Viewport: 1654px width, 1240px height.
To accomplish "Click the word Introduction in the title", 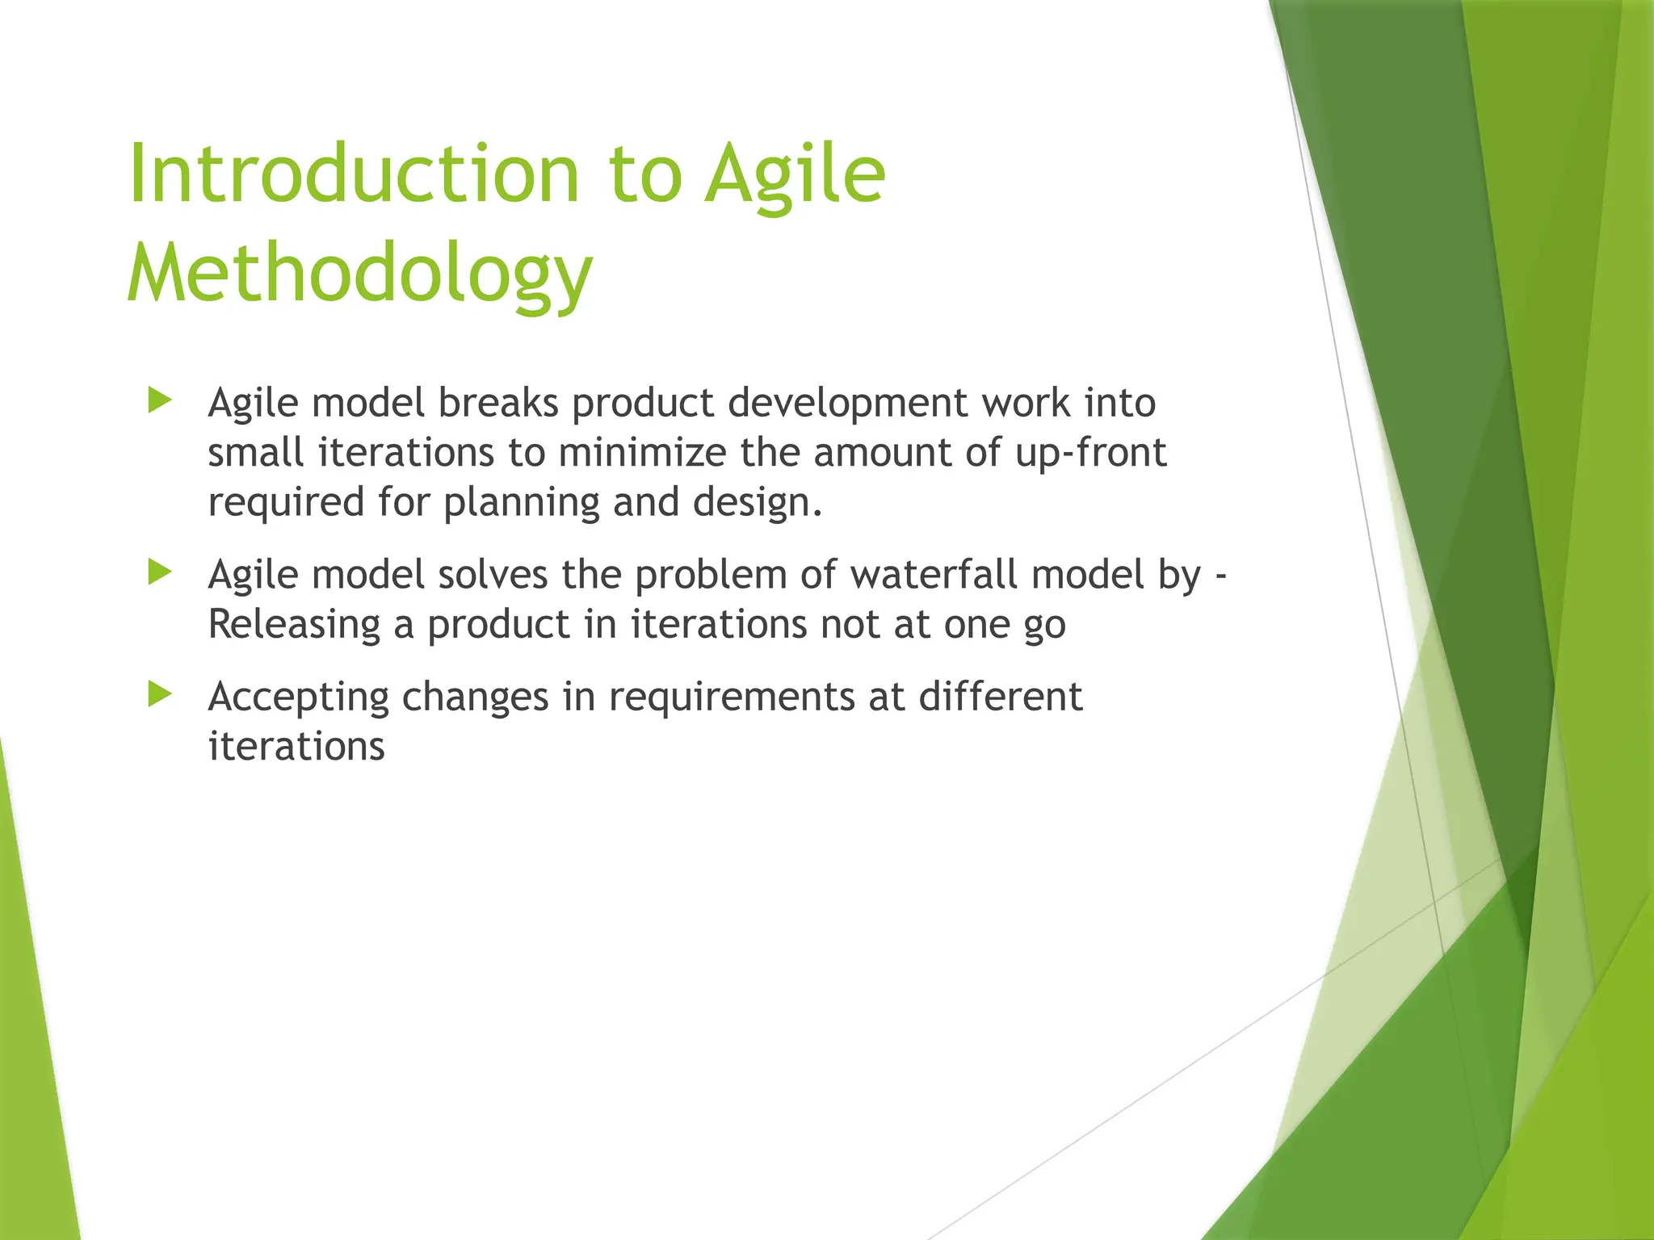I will pos(354,174).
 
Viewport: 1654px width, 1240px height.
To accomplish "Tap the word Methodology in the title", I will pos(360,274).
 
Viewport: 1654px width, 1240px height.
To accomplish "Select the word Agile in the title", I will pos(795,175).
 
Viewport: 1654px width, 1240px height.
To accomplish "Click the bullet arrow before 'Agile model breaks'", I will pos(161,400).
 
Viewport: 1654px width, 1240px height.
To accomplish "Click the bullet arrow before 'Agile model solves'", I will pos(161,573).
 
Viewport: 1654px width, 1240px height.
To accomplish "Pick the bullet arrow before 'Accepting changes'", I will pos(161,694).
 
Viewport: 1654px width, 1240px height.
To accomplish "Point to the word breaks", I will pos(498,402).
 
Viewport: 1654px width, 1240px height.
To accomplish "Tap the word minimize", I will pos(642,452).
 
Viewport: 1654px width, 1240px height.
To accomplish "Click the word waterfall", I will pos(934,575).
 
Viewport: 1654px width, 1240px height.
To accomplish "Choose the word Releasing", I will pos(294,625).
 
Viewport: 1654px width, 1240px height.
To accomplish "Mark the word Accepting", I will pos(298,697).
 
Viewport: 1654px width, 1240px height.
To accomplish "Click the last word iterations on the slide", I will pos(296,746).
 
